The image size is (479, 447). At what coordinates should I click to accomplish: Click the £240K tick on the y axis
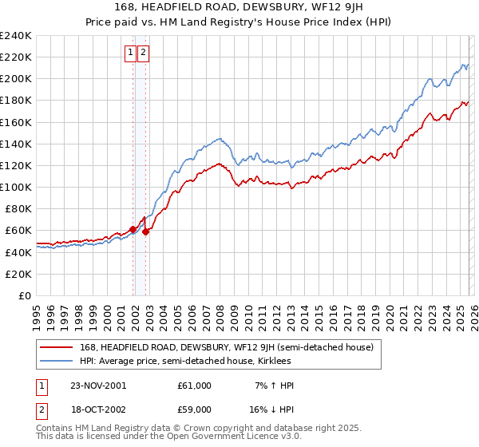point(16,36)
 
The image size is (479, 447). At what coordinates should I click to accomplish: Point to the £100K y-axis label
point(16,187)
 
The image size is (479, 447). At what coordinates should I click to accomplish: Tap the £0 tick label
point(25,295)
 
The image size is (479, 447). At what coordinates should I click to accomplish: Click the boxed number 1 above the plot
point(129,53)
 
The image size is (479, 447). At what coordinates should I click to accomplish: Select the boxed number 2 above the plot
point(143,53)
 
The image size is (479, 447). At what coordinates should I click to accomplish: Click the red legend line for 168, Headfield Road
point(56,347)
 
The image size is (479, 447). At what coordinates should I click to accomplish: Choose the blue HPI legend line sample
point(56,361)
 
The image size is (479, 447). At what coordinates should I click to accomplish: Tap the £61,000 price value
point(195,386)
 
